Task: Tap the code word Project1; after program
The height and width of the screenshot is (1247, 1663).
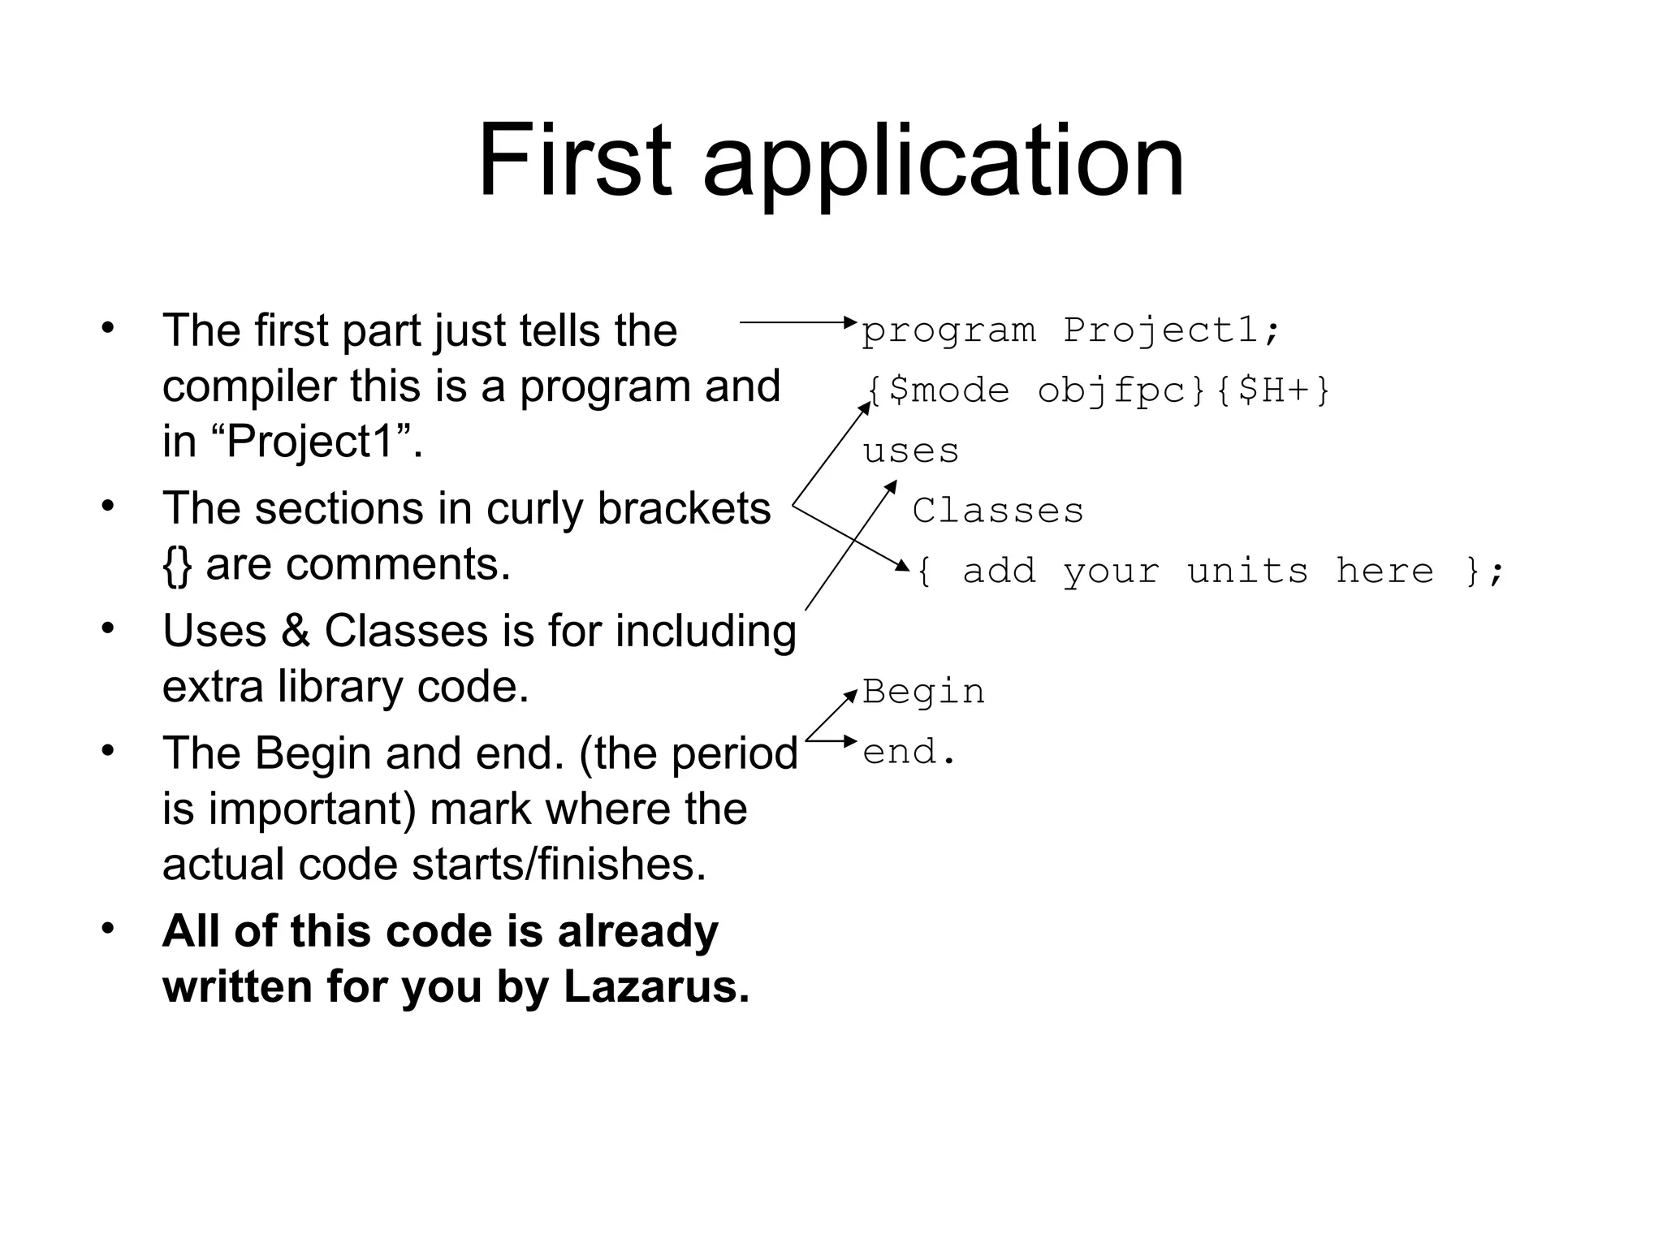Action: point(1171,330)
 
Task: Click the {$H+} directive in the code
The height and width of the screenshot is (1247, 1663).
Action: point(1274,390)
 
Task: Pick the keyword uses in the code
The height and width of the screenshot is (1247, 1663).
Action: point(910,451)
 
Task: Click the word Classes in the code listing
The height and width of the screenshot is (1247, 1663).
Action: point(998,511)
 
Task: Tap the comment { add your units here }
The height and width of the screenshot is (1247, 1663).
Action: point(1209,572)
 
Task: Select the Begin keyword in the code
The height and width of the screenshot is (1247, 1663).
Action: point(923,692)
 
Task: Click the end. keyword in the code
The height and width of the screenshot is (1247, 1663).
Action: point(909,752)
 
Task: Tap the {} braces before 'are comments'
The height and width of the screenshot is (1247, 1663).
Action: point(176,565)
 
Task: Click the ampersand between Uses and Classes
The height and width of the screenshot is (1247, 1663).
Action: point(296,631)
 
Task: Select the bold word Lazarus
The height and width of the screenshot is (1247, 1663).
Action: point(656,986)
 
